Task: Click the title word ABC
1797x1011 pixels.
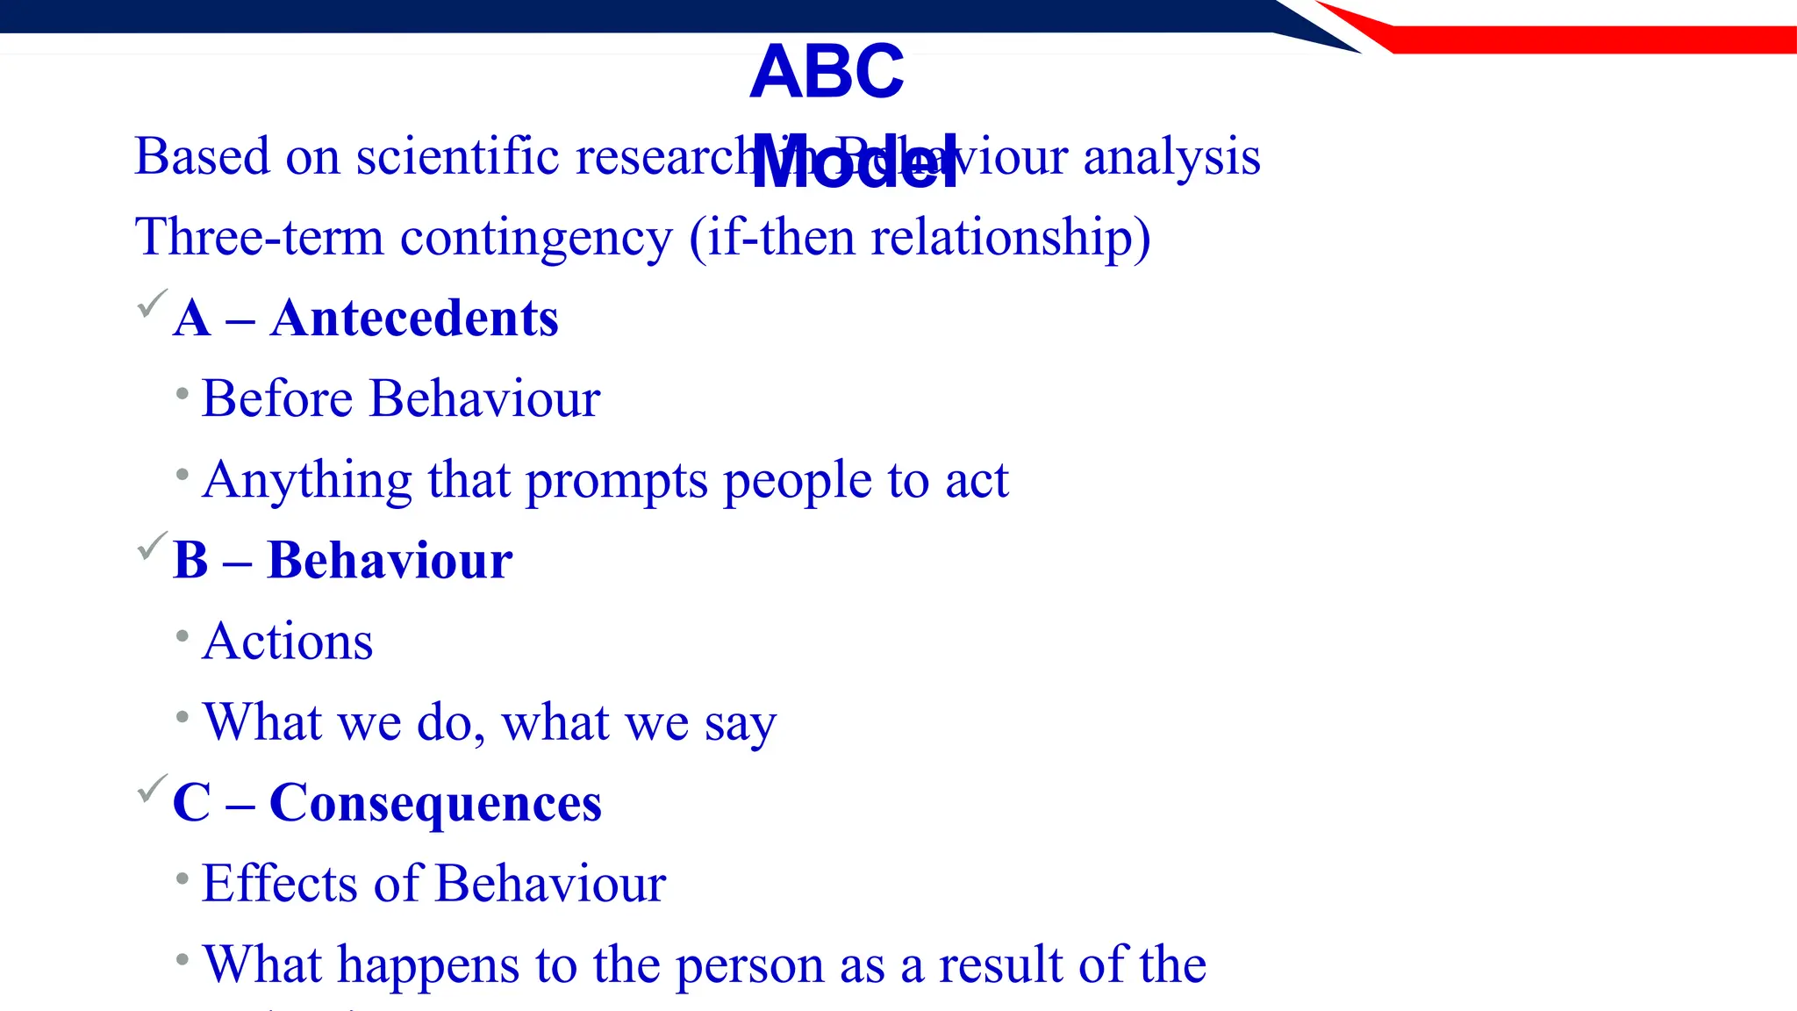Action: [x=827, y=72]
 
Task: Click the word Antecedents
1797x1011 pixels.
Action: [x=414, y=318]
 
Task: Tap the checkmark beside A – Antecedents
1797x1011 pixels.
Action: [x=152, y=304]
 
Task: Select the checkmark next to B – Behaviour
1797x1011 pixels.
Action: [x=152, y=546]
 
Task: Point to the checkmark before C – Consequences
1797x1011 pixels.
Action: [x=152, y=788]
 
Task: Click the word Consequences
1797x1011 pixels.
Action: [x=435, y=802]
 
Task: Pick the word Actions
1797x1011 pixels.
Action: [x=288, y=641]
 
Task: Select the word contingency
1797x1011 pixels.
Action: [x=536, y=239]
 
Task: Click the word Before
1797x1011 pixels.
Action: [x=277, y=398]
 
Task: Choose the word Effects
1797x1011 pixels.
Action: [x=279, y=883]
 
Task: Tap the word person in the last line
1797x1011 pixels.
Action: [x=749, y=965]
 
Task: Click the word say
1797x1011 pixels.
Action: [x=740, y=725]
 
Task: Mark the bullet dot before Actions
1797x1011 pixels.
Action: [x=183, y=635]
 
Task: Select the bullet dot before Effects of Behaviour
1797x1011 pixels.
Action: [x=183, y=878]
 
